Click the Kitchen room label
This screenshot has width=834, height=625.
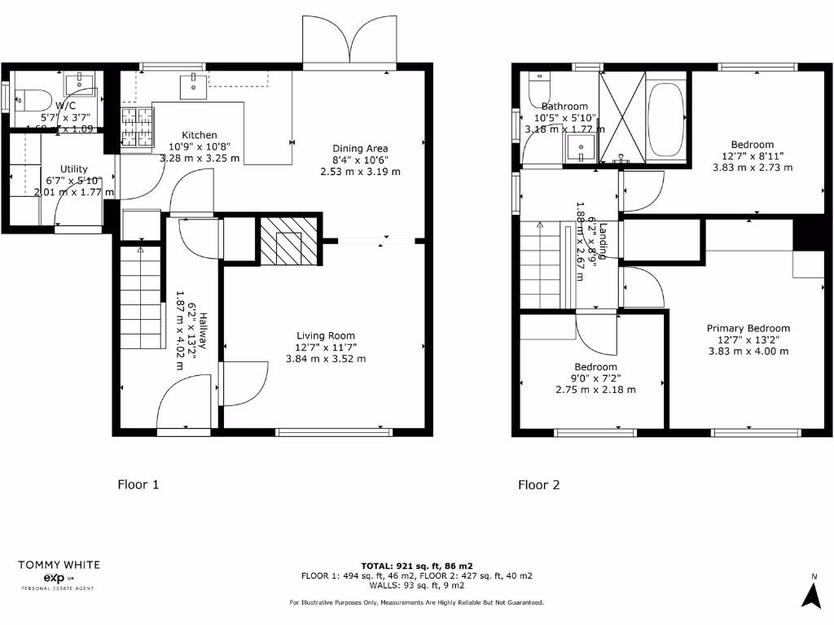(x=200, y=135)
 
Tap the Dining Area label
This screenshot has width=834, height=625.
(x=360, y=148)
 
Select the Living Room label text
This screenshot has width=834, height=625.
(x=326, y=335)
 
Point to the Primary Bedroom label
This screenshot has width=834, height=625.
(x=748, y=328)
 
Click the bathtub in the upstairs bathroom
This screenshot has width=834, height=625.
(x=667, y=119)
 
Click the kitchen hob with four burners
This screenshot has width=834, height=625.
(x=137, y=128)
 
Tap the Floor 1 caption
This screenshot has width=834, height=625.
(x=138, y=485)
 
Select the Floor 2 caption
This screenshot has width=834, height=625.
(x=539, y=485)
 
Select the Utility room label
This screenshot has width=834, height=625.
(x=74, y=169)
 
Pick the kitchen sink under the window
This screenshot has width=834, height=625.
(x=194, y=82)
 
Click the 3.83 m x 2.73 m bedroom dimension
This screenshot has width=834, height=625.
(x=752, y=167)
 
